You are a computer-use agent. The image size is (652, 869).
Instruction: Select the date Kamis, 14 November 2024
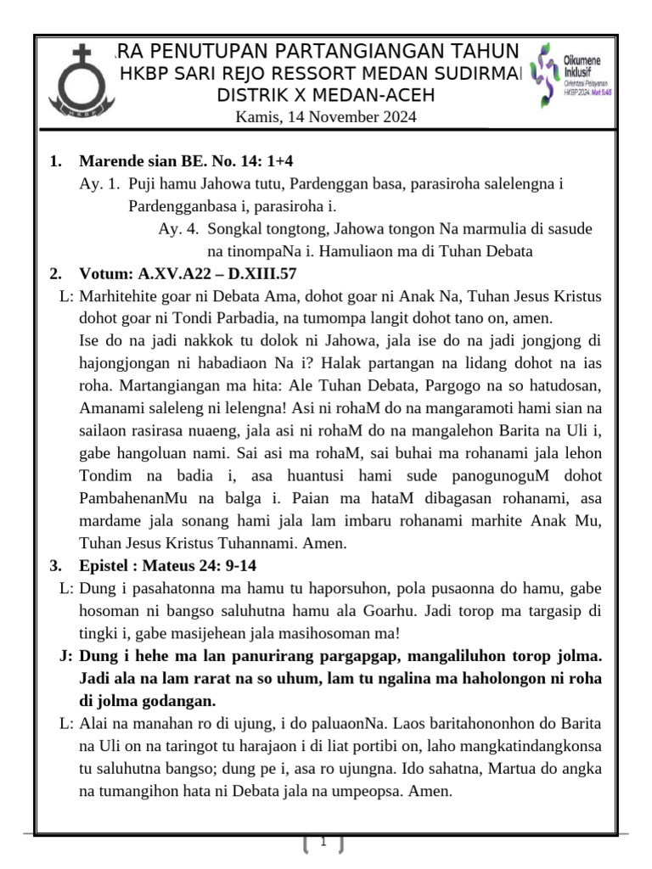tap(326, 117)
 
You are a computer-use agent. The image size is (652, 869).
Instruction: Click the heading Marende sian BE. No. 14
tap(187, 161)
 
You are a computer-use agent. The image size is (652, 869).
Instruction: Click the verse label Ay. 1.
tap(100, 183)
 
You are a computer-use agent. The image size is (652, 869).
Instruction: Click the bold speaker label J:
tap(65, 657)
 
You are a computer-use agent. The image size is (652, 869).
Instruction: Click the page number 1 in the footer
tap(323, 843)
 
